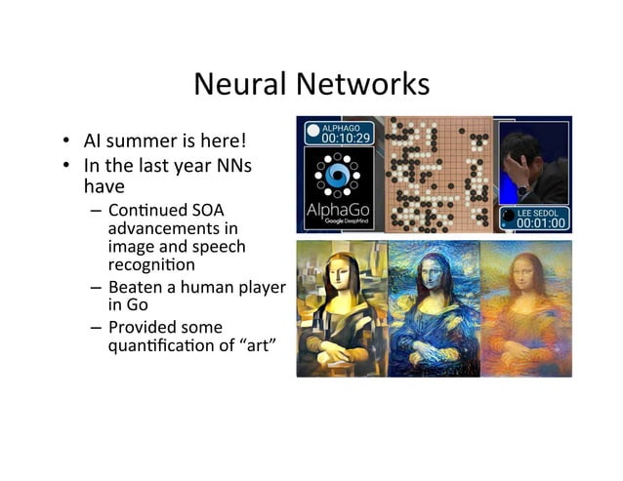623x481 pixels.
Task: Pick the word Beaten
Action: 136,287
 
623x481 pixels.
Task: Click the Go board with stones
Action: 436,175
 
